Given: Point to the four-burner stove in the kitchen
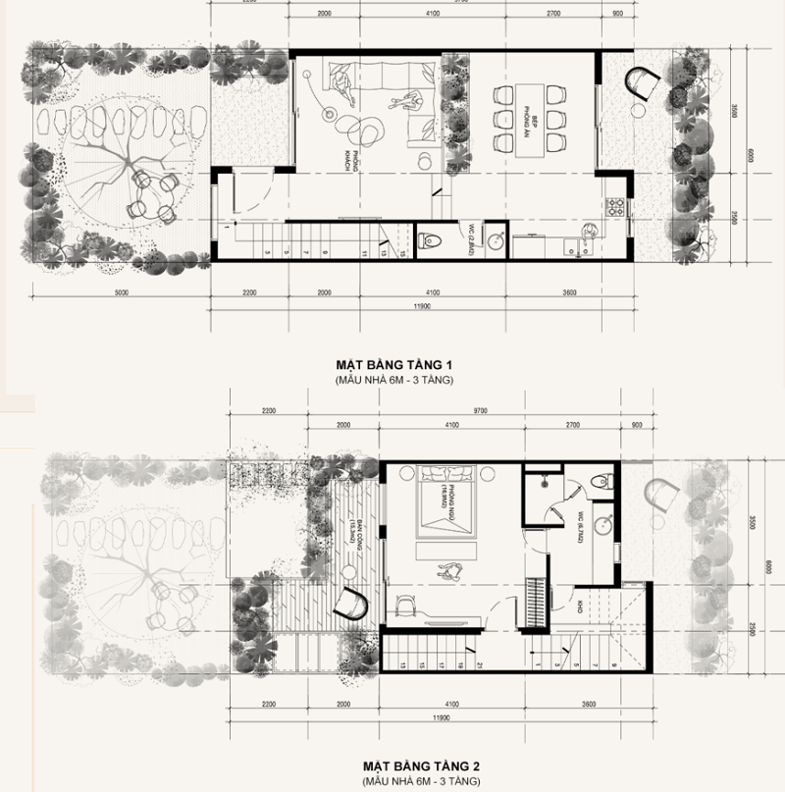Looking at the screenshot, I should click(618, 207).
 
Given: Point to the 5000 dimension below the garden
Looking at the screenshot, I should click(121, 292).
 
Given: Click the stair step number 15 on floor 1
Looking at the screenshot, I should click(401, 253).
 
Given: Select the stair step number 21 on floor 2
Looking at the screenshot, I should click(480, 664).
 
